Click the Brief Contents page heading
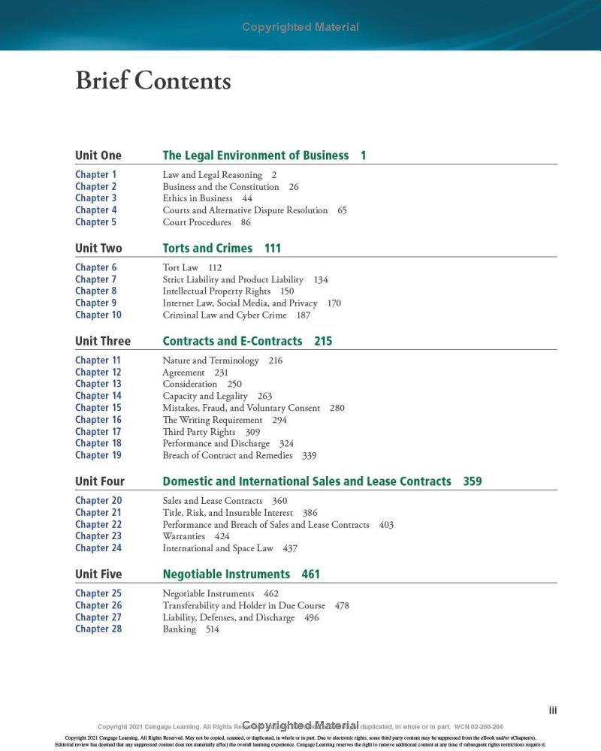coord(153,80)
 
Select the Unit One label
coord(98,155)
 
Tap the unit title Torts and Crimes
coord(207,249)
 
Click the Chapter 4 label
coord(95,210)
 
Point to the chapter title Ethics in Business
coord(197,198)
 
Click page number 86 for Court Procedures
coord(246,222)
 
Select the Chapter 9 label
coord(95,303)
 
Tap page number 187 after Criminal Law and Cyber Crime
coord(303,315)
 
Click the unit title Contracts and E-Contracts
coord(232,341)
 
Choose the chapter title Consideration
coord(189,384)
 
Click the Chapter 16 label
coord(98,420)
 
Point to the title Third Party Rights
coord(198,432)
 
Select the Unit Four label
coord(99,481)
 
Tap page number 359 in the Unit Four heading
coord(473,481)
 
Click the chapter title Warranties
coord(183,536)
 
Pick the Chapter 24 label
coord(98,548)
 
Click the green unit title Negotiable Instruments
coord(226,575)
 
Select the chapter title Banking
coord(179,629)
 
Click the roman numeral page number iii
coord(553,710)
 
